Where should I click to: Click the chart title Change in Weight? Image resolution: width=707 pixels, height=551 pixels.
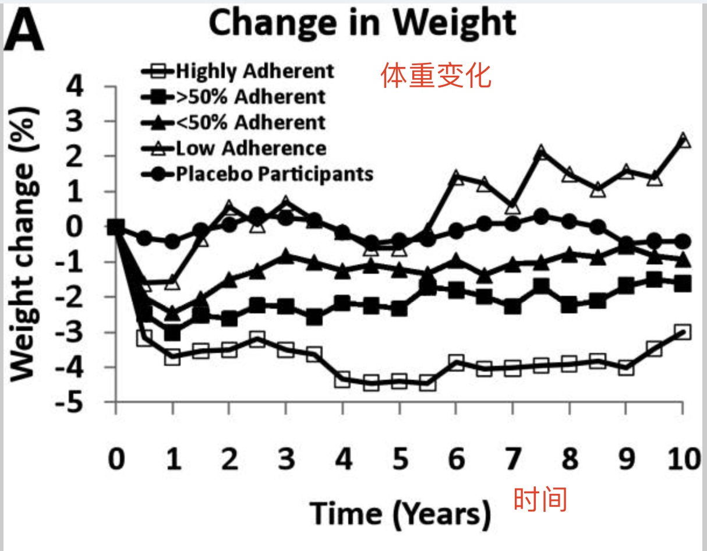pos(362,23)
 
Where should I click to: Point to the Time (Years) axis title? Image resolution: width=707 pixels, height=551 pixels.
pos(401,514)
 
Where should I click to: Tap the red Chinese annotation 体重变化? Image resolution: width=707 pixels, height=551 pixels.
pos(436,76)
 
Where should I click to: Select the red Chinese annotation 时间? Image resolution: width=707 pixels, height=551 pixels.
pos(540,500)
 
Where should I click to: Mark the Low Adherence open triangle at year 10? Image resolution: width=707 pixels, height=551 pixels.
pos(683,140)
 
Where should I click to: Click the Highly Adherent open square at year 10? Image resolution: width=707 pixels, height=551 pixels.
pos(683,332)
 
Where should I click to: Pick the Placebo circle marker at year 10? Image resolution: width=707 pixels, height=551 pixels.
pos(683,241)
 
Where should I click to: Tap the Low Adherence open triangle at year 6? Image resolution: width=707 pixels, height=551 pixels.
pos(456,178)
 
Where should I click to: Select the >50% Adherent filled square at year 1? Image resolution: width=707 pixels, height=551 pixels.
pos(172,333)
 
